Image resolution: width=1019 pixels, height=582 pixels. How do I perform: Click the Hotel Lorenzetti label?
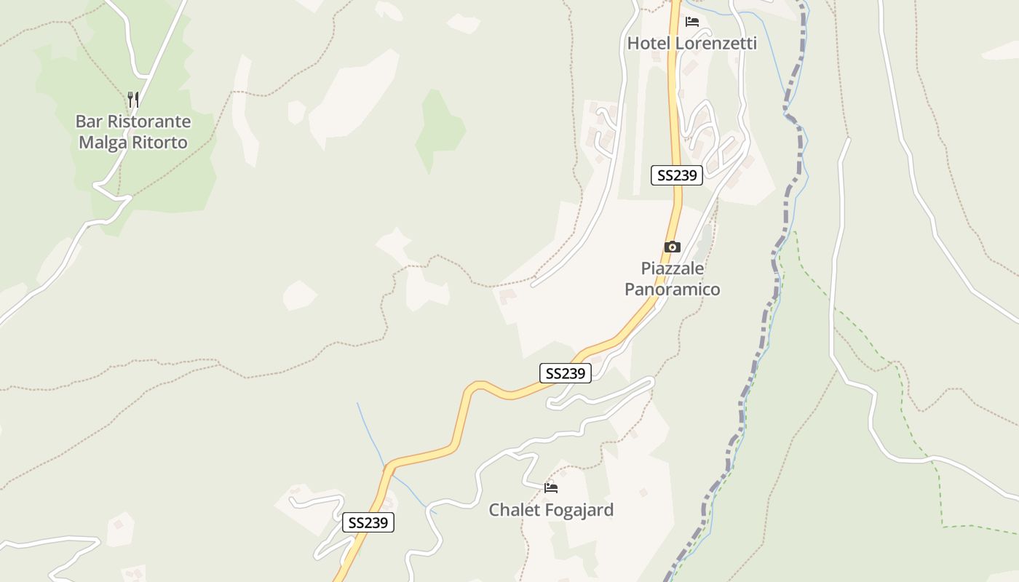click(x=691, y=44)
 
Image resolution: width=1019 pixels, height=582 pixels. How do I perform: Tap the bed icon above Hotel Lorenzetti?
click(x=691, y=22)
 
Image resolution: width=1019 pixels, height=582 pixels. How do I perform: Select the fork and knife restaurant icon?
click(x=133, y=99)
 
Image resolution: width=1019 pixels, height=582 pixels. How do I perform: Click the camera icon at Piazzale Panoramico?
click(x=672, y=247)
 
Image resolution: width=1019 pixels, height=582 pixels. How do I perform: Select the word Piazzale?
click(x=672, y=268)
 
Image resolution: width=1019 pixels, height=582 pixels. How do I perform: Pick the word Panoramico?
click(x=672, y=290)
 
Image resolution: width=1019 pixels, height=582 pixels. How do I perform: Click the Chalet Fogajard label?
click(x=551, y=510)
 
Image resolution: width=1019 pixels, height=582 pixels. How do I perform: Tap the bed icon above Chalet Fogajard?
click(x=551, y=487)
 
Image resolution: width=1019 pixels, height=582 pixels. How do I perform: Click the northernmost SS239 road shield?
click(x=676, y=175)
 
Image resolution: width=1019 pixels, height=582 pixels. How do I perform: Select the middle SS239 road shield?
click(x=565, y=373)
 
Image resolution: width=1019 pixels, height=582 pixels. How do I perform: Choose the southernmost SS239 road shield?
click(x=368, y=522)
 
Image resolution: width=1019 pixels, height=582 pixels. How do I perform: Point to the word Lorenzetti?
click(x=716, y=44)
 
